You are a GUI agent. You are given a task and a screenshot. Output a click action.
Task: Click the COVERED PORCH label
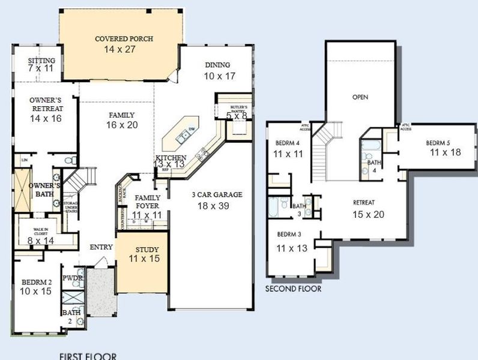coord(124,39)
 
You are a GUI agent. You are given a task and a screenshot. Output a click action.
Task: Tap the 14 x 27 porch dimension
coord(124,49)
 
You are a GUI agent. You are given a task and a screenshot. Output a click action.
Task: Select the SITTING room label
coord(41,61)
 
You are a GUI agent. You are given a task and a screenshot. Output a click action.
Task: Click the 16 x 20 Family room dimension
coord(123,125)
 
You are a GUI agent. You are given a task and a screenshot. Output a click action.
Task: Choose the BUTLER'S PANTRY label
coord(230,107)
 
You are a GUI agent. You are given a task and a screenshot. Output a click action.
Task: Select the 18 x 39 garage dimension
coord(208,205)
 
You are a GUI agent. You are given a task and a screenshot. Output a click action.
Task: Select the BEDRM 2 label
coord(37,281)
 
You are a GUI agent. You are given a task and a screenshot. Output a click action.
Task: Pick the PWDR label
coord(72,278)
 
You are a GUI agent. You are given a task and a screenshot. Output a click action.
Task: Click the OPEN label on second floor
coord(360,97)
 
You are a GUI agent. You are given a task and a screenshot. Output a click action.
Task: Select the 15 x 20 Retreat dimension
coord(368,214)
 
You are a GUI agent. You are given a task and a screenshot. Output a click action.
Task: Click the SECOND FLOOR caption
coord(294,289)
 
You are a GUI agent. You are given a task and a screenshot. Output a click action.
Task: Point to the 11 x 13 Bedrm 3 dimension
coord(291,247)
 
